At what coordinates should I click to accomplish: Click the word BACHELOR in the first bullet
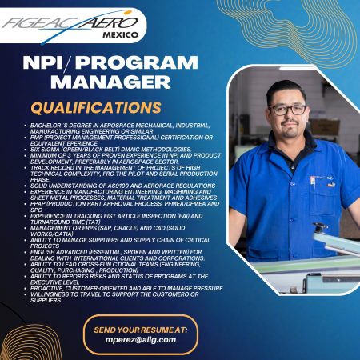pos(47,126)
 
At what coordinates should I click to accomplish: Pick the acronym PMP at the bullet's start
pos(38,137)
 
